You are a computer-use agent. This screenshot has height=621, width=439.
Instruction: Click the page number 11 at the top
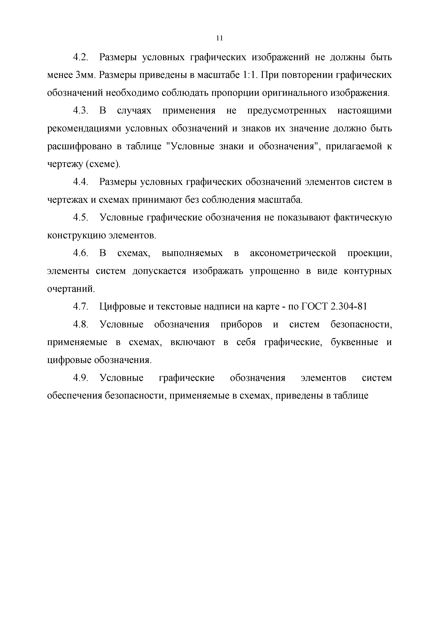coord(220,38)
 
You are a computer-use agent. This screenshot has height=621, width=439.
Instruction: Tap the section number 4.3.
coord(81,111)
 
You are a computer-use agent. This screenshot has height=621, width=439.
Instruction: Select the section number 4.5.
coord(81,217)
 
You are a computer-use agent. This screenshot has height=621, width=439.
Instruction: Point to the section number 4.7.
coord(81,307)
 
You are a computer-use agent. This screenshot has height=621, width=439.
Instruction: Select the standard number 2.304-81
coord(348,307)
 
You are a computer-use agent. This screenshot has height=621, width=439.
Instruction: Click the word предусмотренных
coord(287,111)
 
